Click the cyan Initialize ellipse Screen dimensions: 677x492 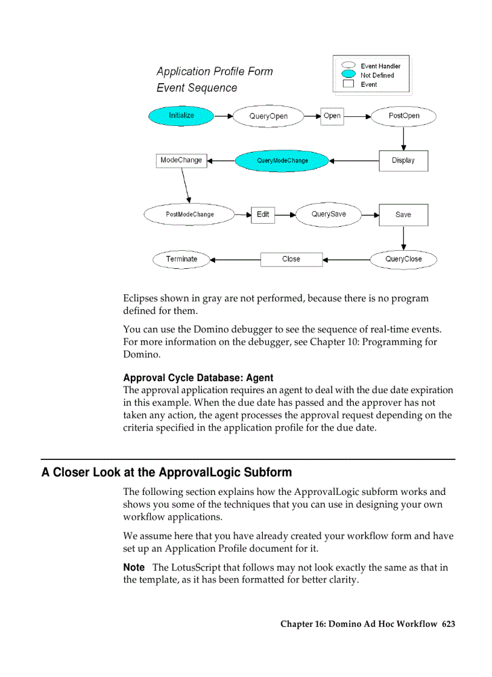click(x=181, y=116)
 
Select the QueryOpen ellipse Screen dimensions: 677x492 click(x=268, y=116)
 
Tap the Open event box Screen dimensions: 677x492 click(x=332, y=116)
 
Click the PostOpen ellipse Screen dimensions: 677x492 click(x=403, y=116)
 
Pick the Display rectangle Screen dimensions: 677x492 click(x=403, y=161)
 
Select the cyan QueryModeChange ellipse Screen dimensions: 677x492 click(x=282, y=161)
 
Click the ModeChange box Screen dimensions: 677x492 click(x=181, y=160)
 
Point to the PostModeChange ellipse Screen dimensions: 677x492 click(x=189, y=215)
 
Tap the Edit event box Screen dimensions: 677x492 click(x=263, y=215)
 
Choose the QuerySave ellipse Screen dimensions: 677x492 click(x=329, y=215)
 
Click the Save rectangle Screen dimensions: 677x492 click(x=403, y=215)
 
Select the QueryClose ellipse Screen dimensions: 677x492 click(x=403, y=259)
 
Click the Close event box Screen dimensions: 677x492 click(x=291, y=259)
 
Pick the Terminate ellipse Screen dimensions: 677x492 click(x=181, y=259)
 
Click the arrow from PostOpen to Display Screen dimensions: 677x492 click(x=403, y=138)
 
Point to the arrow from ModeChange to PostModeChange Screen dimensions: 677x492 click(x=186, y=186)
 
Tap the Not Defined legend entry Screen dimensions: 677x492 click(x=377, y=75)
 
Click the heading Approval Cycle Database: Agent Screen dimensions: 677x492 click(x=198, y=378)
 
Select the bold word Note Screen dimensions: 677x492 click(x=134, y=567)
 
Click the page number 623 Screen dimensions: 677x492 click(x=448, y=624)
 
